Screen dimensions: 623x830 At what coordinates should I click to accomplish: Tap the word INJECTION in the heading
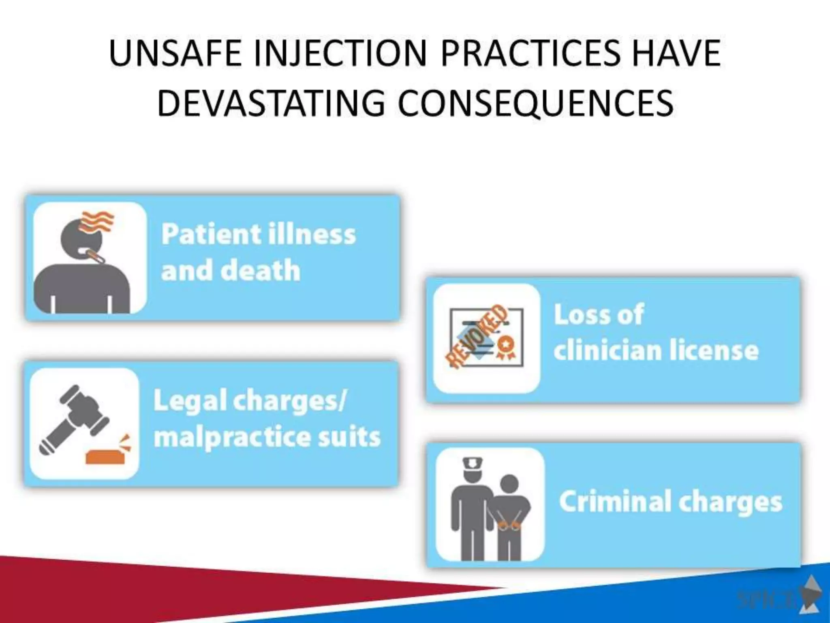coord(340,54)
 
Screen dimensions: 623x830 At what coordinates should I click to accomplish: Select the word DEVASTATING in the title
coord(271,103)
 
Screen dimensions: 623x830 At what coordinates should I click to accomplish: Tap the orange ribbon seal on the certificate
coord(506,347)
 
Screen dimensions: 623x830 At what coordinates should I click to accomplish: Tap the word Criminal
coord(615,501)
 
